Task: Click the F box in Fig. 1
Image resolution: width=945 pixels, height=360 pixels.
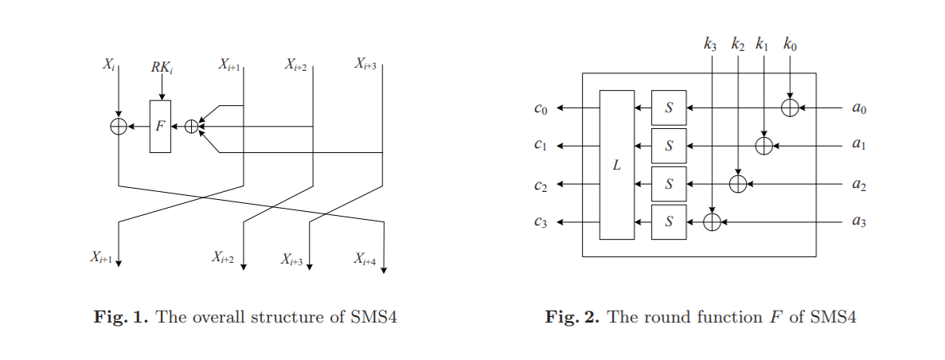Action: [160, 126]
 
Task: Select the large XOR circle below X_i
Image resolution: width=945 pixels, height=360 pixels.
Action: [119, 126]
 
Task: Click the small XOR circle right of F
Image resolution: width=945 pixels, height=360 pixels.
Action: [191, 126]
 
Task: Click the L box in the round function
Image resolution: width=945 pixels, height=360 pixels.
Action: [617, 165]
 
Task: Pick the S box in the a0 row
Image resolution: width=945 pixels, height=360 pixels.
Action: [669, 108]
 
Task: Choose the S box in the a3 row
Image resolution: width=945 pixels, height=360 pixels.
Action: [669, 222]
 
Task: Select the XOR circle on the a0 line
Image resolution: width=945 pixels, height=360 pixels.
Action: [790, 108]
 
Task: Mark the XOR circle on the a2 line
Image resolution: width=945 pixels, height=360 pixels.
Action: [738, 184]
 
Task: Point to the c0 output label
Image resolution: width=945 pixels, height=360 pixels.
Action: [541, 109]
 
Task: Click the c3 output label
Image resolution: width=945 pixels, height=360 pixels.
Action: [541, 224]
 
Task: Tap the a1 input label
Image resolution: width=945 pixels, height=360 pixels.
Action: [858, 146]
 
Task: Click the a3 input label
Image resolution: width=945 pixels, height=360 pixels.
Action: [858, 222]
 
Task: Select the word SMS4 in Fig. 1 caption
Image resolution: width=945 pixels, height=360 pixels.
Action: [374, 317]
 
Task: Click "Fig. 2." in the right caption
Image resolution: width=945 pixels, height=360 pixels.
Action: [572, 317]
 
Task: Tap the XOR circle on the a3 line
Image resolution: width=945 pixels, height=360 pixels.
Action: [713, 222]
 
